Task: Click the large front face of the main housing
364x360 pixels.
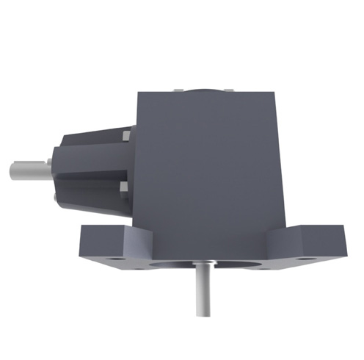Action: coord(209,169)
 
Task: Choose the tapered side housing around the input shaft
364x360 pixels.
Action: coord(92,169)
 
